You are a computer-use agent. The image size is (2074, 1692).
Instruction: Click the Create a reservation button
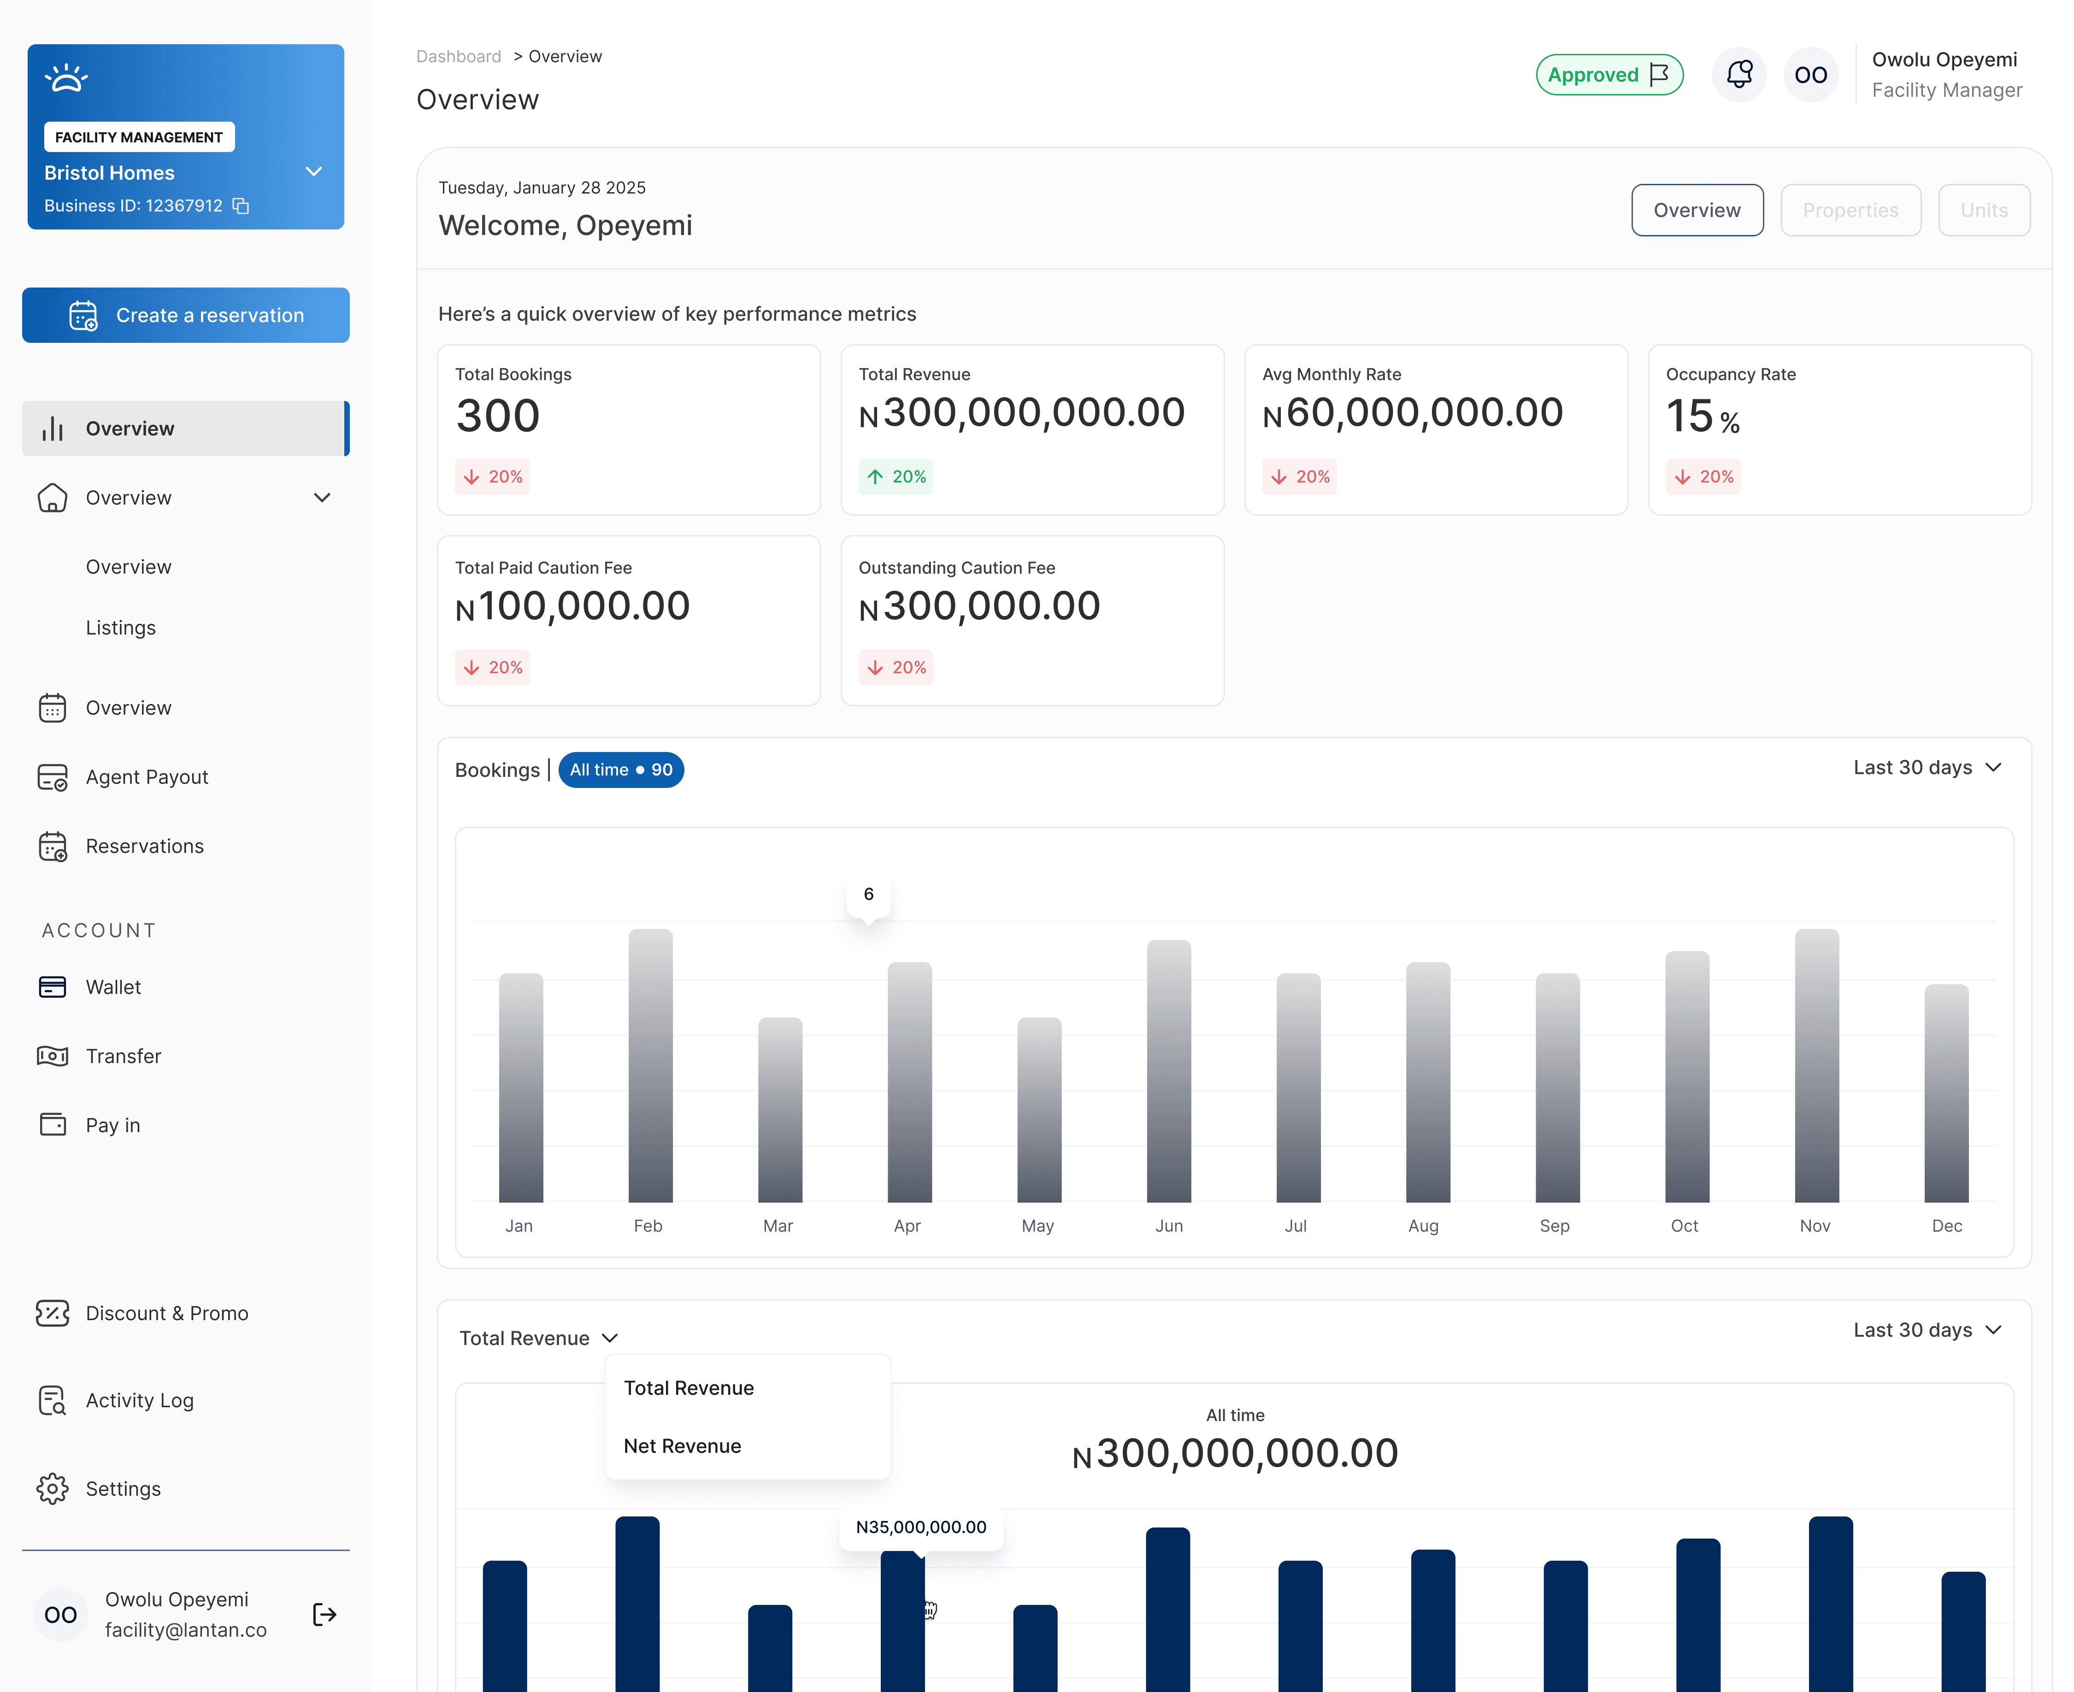pos(185,315)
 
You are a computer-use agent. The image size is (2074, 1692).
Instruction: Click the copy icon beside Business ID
pos(241,206)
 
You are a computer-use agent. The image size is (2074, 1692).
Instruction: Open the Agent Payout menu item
pos(146,777)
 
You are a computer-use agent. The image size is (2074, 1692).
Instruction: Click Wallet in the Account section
pos(113,987)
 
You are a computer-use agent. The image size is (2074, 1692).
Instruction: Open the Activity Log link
pos(139,1401)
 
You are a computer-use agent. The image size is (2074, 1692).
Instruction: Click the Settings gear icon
pos(53,1488)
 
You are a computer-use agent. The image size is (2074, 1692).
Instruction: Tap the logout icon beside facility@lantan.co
pos(324,1615)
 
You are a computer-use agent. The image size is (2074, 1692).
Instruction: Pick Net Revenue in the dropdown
pos(682,1446)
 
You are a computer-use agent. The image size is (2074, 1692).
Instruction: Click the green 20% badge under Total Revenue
pos(896,476)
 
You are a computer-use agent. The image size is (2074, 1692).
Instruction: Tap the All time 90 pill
pos(621,770)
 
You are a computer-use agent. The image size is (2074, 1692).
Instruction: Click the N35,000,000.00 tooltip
pos(920,1527)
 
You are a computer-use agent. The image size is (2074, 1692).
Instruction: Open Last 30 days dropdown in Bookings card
pos(1926,768)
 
